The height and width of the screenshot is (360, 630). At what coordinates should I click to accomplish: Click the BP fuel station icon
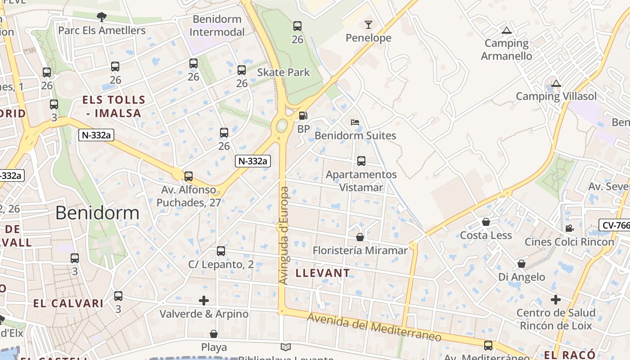[x=303, y=116]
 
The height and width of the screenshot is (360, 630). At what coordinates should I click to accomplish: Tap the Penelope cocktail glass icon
[x=369, y=25]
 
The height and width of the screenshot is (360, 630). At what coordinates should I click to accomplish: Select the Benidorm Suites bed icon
[x=355, y=122]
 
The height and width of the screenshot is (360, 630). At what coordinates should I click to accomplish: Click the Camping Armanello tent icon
[x=507, y=31]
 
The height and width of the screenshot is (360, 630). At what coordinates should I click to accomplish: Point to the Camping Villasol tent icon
[x=556, y=83]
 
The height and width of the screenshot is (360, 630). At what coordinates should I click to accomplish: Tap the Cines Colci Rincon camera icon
[x=569, y=228]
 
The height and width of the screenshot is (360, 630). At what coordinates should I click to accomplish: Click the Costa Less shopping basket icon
[x=486, y=222]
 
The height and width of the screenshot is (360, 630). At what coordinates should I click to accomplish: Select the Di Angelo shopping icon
[x=522, y=264]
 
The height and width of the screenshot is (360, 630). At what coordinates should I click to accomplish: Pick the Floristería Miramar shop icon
[x=360, y=237]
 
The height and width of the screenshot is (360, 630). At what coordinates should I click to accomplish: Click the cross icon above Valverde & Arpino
[x=204, y=300]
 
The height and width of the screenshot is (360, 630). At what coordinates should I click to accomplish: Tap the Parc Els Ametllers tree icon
[x=102, y=17]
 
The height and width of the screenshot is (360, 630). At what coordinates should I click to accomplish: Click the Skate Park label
[x=283, y=72]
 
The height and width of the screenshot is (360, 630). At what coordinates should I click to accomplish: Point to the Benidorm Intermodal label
[x=217, y=26]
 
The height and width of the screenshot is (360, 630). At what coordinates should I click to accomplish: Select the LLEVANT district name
[x=323, y=273]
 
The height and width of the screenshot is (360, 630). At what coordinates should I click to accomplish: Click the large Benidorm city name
[x=97, y=213]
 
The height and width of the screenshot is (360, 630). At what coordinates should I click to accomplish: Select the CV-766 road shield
[x=615, y=225]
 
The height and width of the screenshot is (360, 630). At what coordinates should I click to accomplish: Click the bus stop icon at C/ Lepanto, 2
[x=221, y=251]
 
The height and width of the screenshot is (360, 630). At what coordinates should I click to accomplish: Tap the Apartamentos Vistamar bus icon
[x=361, y=161]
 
